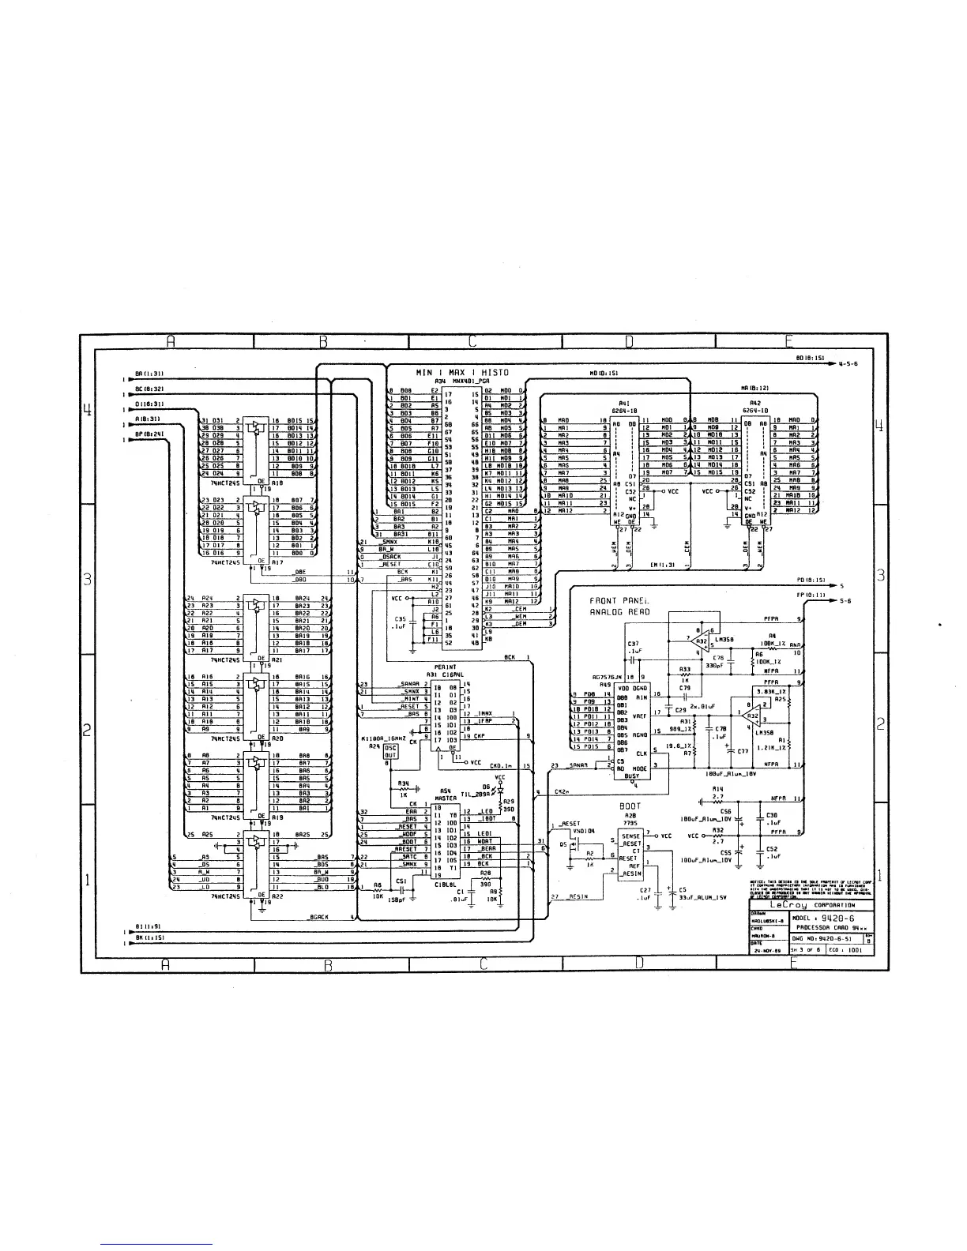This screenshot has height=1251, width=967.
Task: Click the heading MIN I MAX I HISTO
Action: [462, 372]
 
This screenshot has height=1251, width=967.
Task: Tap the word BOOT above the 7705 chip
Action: [630, 807]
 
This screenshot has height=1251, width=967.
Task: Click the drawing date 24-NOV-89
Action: [766, 951]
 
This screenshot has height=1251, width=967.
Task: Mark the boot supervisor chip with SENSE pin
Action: [630, 858]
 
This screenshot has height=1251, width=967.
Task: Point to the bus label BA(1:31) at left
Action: [148, 372]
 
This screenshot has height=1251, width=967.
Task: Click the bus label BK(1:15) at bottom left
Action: [148, 937]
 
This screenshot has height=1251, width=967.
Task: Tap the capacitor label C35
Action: [400, 619]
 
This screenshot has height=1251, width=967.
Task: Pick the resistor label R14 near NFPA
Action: [717, 789]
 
